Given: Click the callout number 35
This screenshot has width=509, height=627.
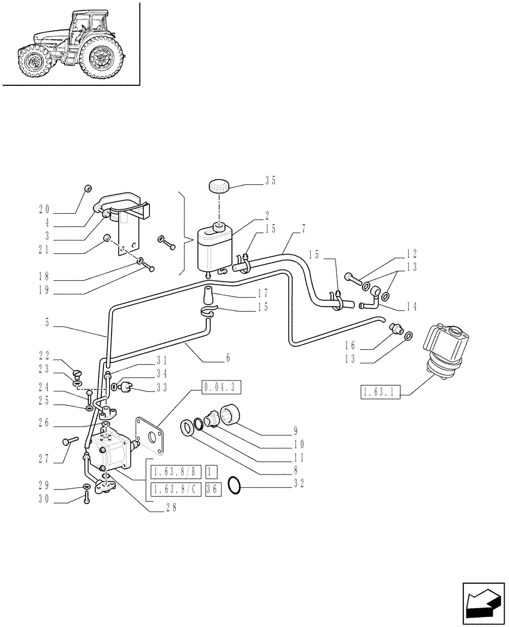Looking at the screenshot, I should point(270,181).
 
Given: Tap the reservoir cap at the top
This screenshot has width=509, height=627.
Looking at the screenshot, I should point(218,186).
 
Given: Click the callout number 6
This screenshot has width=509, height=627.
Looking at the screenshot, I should point(228,359).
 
